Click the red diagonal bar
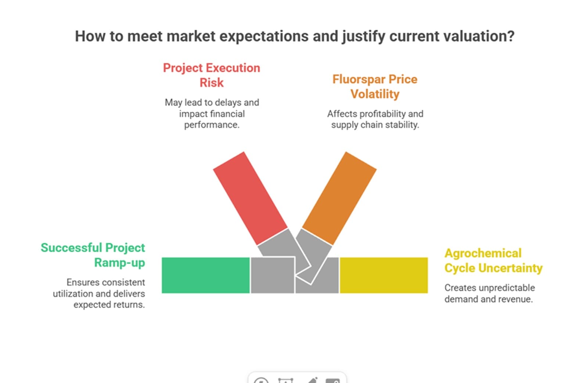pyautogui.click(x=250, y=198)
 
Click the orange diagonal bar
pyautogui.click(x=339, y=198)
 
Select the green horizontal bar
pyautogui.click(x=205, y=275)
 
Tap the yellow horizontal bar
pyautogui.click(x=384, y=275)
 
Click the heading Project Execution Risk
pyautogui.click(x=211, y=75)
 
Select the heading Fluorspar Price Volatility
pyautogui.click(x=375, y=87)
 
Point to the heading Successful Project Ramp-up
pyautogui.click(x=93, y=255)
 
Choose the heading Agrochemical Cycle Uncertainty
pyautogui.click(x=493, y=260)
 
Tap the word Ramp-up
pyautogui.click(x=119, y=263)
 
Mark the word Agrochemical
pyautogui.click(x=483, y=253)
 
